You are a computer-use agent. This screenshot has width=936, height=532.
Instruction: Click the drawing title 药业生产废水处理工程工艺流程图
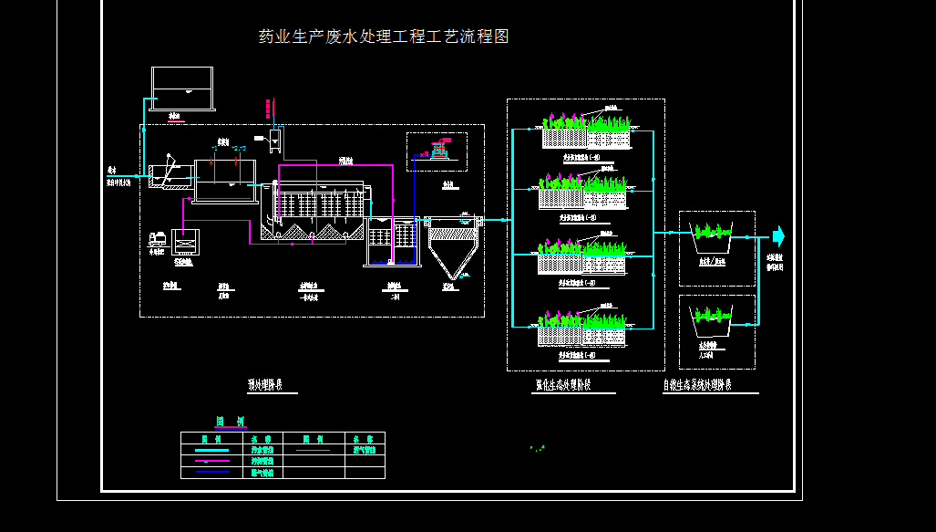384,37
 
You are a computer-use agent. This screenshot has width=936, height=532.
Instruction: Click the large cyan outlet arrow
777,237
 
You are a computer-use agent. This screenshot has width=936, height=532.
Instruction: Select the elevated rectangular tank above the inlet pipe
182,89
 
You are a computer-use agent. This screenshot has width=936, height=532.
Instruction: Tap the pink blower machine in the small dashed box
441,150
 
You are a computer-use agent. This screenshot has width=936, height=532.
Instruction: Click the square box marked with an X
184,245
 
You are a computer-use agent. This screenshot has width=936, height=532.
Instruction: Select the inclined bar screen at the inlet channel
168,172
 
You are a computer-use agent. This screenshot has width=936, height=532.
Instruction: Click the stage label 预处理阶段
265,385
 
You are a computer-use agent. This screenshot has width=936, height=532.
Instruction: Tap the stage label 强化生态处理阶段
562,385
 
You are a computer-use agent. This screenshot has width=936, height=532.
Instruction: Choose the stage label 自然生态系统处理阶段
710,385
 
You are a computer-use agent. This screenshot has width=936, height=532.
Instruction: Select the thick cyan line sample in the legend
211,450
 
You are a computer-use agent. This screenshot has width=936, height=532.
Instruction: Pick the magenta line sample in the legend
211,462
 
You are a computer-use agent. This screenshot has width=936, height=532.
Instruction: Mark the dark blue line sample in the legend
211,473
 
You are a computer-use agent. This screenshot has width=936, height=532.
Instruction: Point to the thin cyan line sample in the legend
313,450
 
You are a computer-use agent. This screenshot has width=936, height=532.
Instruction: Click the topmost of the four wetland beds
586,133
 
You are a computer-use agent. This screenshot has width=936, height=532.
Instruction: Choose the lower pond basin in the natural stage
710,320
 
